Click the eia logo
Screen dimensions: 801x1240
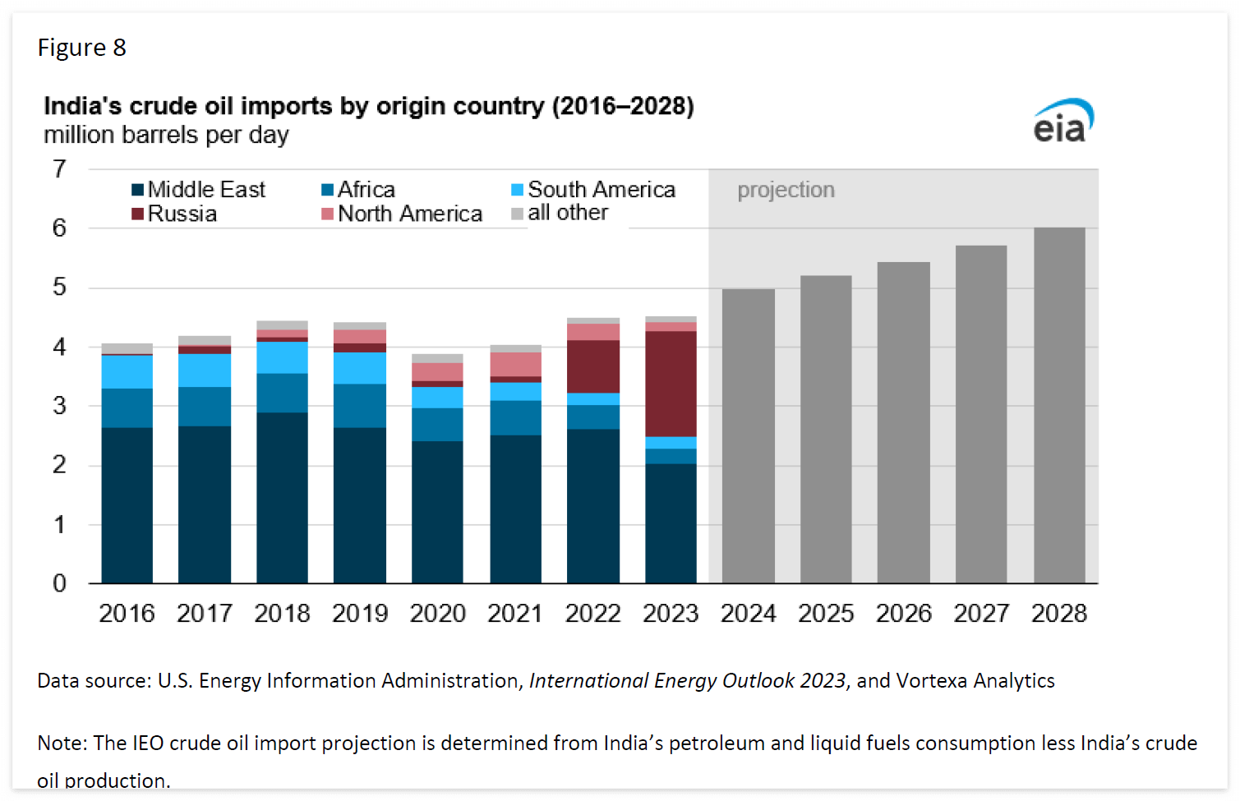point(1063,122)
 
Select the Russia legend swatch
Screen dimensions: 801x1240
point(138,214)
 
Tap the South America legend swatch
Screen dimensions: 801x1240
point(517,190)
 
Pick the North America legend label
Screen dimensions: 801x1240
point(409,214)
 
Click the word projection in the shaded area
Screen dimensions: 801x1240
point(786,190)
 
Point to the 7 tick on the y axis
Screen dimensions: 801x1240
point(59,169)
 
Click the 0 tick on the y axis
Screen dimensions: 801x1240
point(59,583)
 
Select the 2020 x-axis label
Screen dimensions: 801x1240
point(437,614)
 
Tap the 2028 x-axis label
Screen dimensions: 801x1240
point(1058,614)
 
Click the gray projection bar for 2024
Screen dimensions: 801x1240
point(748,435)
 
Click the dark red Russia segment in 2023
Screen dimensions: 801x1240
point(671,384)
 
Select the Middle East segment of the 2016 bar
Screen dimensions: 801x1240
point(127,505)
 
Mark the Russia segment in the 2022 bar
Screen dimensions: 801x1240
point(593,366)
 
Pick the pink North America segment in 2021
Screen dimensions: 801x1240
point(515,365)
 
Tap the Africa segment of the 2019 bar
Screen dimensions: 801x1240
point(360,406)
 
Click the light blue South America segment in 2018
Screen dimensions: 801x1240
point(282,357)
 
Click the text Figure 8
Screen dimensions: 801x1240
point(82,48)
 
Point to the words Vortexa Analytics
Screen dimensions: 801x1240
point(975,681)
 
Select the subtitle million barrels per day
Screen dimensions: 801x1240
point(166,135)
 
